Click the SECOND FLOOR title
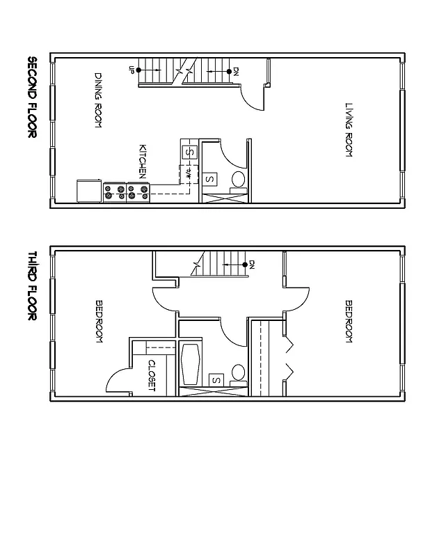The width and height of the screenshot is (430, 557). [32, 97]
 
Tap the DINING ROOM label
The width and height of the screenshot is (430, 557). [99, 100]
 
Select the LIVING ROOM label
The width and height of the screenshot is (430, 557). [349, 130]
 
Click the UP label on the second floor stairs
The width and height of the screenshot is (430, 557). [131, 70]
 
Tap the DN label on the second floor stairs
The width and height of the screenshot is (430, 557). [236, 70]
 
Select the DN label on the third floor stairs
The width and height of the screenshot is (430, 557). [252, 264]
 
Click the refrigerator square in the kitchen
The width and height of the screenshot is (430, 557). [90, 191]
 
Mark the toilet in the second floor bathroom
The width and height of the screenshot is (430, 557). [238, 179]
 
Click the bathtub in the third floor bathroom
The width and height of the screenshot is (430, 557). [191, 363]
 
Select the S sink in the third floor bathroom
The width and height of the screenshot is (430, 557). [216, 380]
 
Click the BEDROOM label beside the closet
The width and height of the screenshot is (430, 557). [99, 320]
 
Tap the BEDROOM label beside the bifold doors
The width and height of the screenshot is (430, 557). [349, 320]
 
